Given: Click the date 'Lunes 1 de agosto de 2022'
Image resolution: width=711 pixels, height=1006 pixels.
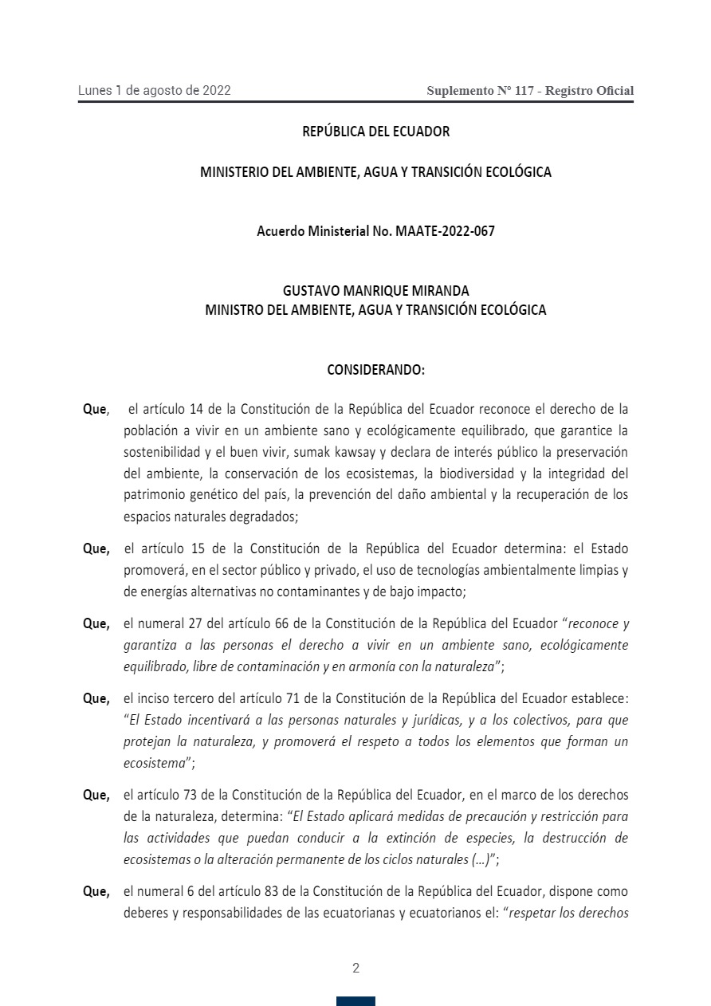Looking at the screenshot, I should click(154, 90).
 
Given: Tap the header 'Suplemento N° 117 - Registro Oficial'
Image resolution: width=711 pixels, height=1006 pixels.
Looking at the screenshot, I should click(530, 91).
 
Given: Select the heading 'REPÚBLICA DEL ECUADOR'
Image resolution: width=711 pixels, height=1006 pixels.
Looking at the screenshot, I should click(375, 132).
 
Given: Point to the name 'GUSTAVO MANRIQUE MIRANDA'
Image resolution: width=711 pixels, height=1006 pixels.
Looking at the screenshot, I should click(375, 291).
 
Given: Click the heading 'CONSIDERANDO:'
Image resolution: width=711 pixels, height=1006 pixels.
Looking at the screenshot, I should click(375, 370).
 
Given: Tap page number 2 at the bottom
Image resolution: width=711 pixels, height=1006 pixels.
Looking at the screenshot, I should click(355, 969).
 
